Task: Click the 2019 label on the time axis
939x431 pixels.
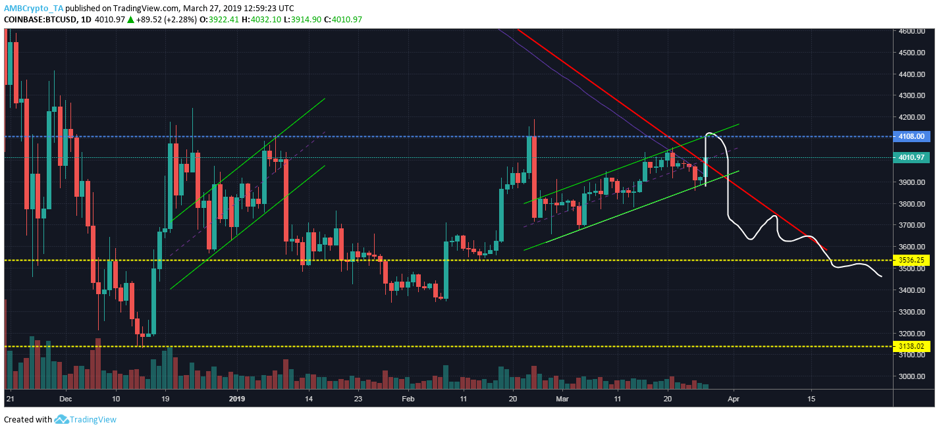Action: (x=236, y=399)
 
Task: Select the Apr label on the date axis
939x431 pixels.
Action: (x=732, y=399)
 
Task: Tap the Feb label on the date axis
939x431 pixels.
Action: (x=408, y=399)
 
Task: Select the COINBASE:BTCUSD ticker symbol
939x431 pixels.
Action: (x=40, y=20)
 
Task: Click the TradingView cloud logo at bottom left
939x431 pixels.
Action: (x=62, y=419)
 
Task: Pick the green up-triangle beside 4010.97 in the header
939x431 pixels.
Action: (x=131, y=20)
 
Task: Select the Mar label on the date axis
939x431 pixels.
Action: (x=562, y=399)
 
